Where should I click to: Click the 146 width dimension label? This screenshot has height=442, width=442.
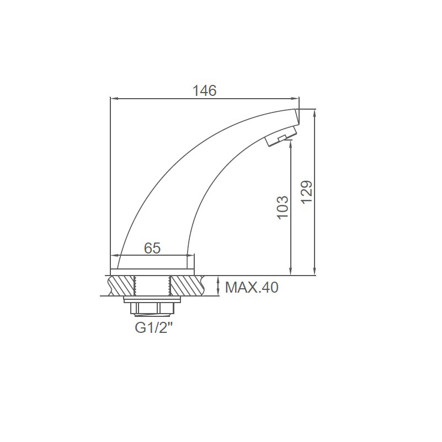204,90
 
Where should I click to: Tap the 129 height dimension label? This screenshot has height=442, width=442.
306,192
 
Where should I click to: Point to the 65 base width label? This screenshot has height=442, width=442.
152,248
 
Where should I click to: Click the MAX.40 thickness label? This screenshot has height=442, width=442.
252,288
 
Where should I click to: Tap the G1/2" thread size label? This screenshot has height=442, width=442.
154,328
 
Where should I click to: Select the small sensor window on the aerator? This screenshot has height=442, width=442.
282,138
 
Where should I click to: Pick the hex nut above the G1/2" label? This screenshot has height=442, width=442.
152,309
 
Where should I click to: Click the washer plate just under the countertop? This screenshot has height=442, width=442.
152,300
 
